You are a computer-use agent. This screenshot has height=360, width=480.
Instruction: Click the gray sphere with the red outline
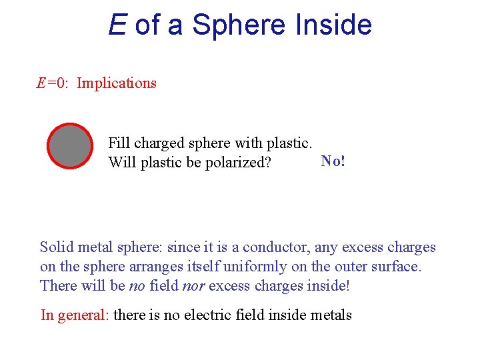point(70,146)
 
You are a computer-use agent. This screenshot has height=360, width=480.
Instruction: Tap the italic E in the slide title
point(117,25)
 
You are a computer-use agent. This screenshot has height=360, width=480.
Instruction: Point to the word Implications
point(117,83)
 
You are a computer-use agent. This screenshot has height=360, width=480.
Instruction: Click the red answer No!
point(333,161)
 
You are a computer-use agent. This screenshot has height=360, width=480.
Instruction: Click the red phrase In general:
point(75,315)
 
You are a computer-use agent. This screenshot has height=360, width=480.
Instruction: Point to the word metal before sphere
point(96,247)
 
